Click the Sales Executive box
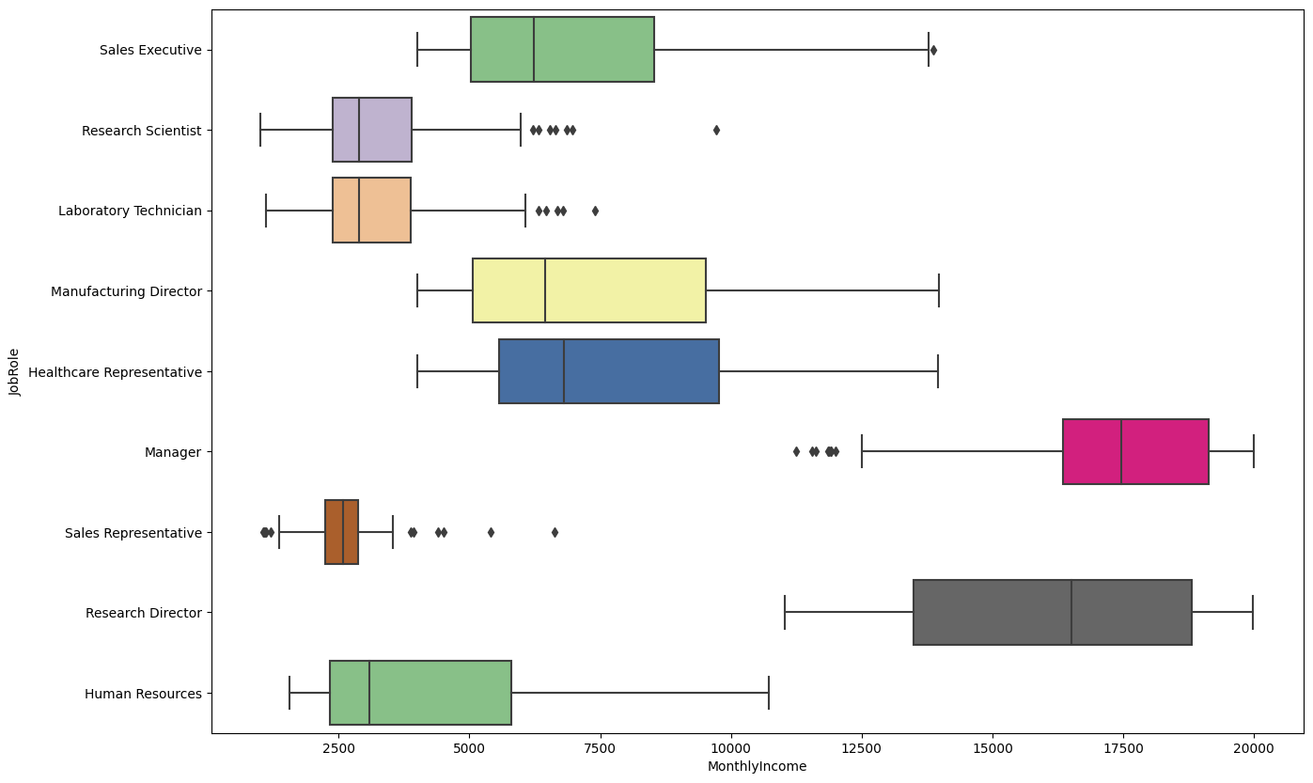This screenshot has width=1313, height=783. coord(562,50)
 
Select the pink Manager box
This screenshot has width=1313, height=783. coord(1135,452)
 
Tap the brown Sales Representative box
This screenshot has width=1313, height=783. coord(341,532)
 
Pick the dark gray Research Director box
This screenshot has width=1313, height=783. coord(1052,613)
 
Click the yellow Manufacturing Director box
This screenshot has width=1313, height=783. coord(588,291)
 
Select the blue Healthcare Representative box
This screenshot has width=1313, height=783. coord(608,371)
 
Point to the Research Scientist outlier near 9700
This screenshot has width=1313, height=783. coord(716,130)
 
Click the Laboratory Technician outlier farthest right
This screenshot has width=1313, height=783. coord(595,211)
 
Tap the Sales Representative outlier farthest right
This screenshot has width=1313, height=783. coord(555,532)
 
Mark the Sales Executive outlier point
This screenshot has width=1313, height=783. coord(933,50)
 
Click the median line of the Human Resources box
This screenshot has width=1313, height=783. coord(369,693)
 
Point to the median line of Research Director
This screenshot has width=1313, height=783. coord(1071,613)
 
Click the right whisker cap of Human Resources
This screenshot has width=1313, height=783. coord(769,693)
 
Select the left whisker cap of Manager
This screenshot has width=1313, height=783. coord(862,452)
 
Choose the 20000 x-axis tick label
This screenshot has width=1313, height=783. coord(1253,749)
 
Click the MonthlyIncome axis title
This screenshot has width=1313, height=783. coord(757,767)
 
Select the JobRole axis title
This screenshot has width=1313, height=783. coord(14,371)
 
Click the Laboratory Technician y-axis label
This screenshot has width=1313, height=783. coord(130,211)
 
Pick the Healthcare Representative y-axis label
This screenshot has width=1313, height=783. coord(115,372)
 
